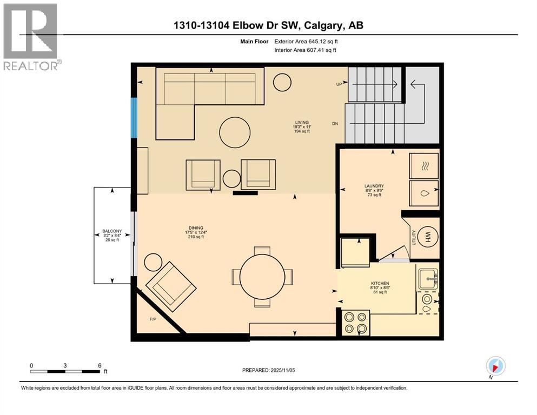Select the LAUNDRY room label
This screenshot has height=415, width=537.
[374, 186]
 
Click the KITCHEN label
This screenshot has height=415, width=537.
[380, 284]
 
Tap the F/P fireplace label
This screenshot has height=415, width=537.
[153, 319]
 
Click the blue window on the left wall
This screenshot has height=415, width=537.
[133, 117]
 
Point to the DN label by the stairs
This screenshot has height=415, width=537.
[335, 124]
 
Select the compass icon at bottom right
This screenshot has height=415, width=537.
[495, 366]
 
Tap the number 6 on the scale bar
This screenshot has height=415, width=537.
[99, 365]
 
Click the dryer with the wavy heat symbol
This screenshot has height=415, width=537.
[424, 166]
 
